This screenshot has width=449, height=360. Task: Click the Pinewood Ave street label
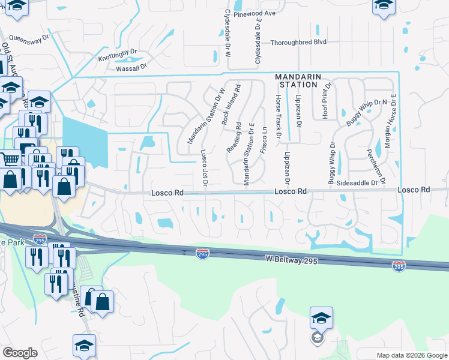click(x=255, y=13)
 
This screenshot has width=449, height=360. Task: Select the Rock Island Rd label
click(x=231, y=103)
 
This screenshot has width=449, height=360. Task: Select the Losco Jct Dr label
click(x=204, y=167)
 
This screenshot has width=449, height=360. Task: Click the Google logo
click(x=20, y=353)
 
